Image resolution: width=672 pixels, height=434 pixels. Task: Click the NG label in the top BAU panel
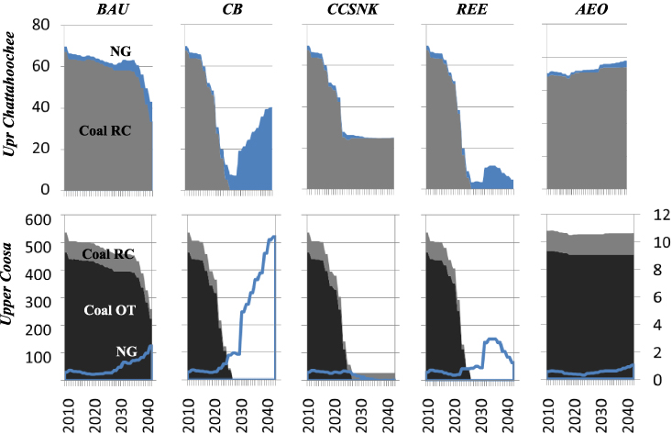(119, 52)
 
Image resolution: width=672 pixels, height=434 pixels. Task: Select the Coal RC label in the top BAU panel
(105, 130)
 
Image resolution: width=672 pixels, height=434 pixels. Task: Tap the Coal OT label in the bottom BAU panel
(109, 311)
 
